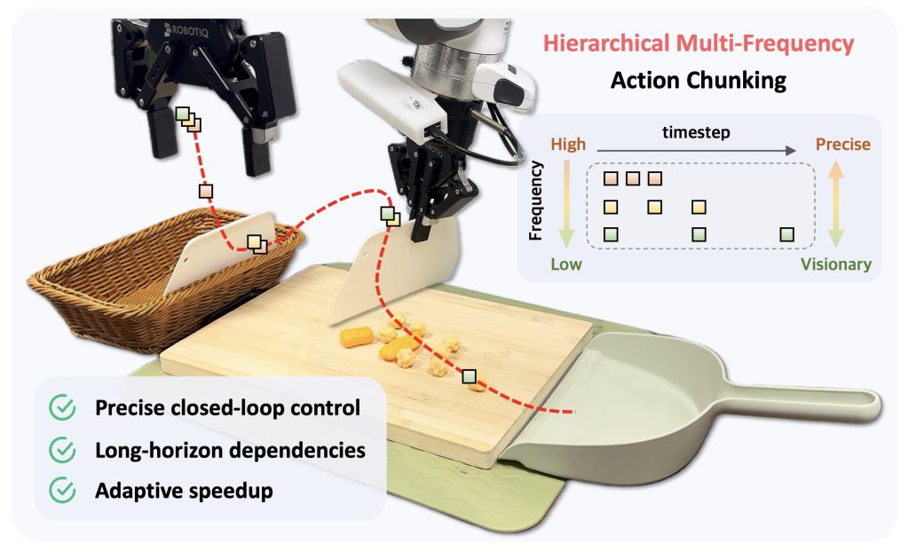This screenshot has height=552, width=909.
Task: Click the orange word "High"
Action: click(568, 144)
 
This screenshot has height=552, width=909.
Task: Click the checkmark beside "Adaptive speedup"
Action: click(63, 489)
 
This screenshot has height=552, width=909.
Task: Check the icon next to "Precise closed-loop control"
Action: click(63, 408)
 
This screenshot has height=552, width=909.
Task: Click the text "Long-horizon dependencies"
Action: click(230, 449)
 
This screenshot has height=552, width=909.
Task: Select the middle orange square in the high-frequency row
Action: click(632, 179)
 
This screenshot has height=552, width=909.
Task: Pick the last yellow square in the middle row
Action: click(700, 208)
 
